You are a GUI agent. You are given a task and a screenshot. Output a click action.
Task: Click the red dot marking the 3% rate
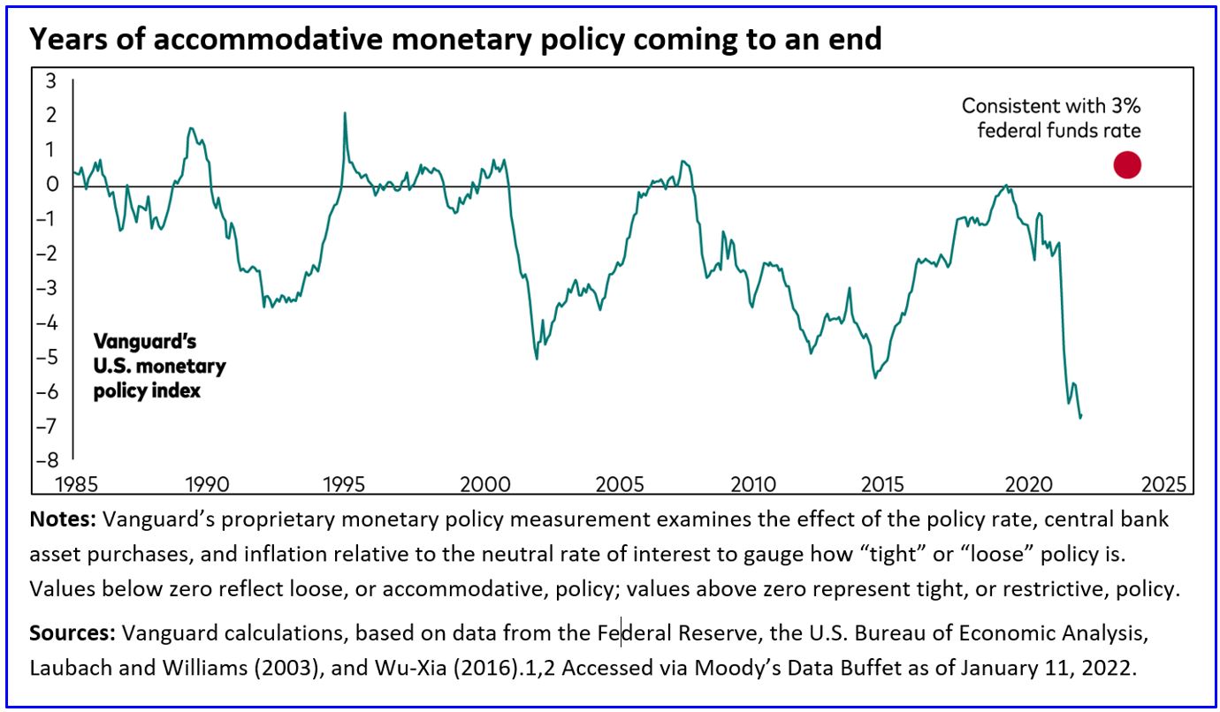[1127, 165]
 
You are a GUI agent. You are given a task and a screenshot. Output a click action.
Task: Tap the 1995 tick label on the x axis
[343, 484]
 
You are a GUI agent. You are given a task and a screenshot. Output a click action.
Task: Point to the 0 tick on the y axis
[50, 185]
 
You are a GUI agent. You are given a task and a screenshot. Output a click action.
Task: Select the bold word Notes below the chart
[62, 519]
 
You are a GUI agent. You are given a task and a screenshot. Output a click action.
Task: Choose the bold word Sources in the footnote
[72, 633]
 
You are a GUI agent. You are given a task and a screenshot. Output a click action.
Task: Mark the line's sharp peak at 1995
[344, 113]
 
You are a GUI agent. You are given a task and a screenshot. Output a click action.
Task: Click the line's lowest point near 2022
[1080, 416]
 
